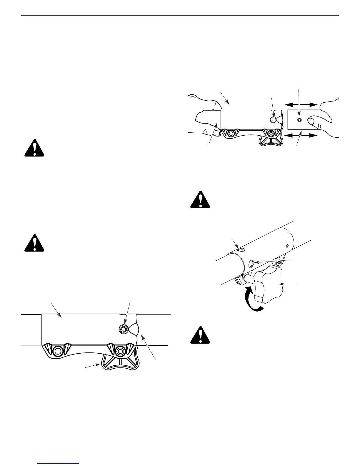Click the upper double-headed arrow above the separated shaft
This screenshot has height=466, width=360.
[x=301, y=104]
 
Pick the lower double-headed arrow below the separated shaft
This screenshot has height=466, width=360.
[x=301, y=136]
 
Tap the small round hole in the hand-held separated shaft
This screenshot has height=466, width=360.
[x=299, y=120]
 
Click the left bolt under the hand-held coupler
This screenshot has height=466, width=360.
[x=231, y=134]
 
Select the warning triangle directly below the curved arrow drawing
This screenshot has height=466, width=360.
[x=200, y=335]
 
